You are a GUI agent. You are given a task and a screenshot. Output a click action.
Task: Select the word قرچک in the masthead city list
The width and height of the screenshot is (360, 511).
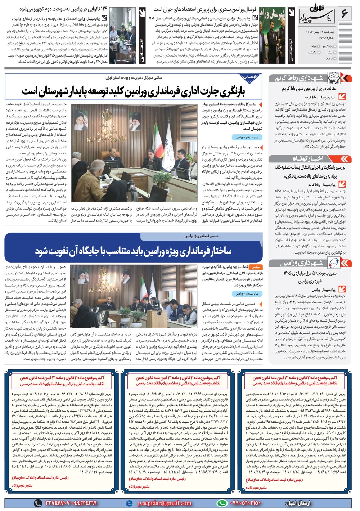[x=329, y=58]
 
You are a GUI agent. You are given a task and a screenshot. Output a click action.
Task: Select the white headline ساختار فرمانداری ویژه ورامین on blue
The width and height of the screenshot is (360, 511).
[x=133, y=251]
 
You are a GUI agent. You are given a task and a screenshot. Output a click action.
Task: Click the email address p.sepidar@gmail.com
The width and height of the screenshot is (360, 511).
[x=165, y=503]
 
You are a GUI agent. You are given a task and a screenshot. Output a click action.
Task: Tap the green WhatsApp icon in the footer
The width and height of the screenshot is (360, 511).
[x=222, y=503]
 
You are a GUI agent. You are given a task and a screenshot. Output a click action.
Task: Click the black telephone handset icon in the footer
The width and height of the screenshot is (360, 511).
[x=37, y=503]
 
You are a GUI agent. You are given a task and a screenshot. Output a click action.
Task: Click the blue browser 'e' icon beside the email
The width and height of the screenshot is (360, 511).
[x=129, y=503]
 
